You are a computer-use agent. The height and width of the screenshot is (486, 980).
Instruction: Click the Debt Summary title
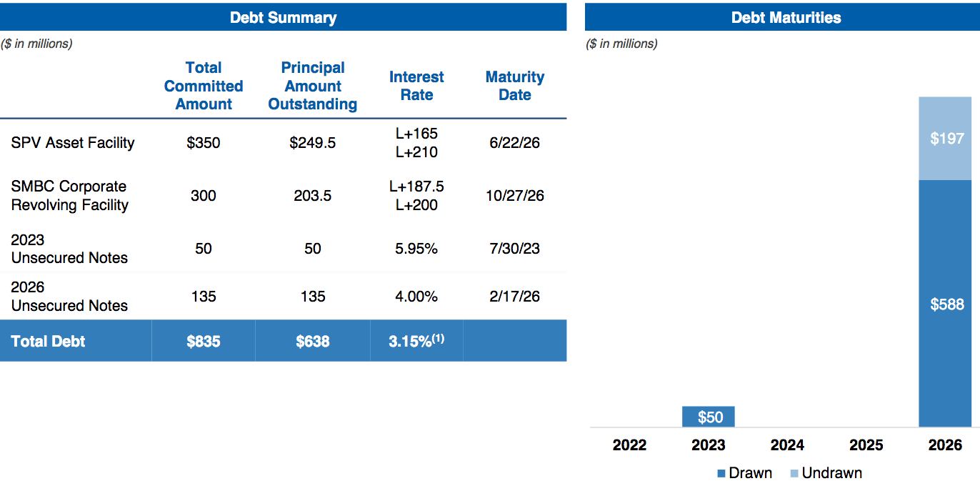coord(283,18)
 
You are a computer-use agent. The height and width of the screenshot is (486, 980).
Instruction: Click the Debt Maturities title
coord(786,18)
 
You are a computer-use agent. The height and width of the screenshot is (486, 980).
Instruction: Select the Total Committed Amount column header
coord(204,86)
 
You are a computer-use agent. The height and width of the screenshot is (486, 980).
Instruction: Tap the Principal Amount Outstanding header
coord(313,86)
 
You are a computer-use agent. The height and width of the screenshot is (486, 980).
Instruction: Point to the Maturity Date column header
coord(514,86)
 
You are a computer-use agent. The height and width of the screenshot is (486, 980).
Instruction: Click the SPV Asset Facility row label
coord(73,143)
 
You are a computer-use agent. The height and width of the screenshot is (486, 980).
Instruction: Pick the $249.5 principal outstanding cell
coord(313,143)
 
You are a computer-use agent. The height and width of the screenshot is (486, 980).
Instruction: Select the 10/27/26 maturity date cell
coord(514,196)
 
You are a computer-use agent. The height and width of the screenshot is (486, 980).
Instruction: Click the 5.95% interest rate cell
coord(416,249)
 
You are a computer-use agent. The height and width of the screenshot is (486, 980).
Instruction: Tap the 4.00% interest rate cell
coord(416,297)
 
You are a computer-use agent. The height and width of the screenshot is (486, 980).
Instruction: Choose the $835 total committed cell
coord(204,342)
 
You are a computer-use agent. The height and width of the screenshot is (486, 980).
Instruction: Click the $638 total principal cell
coord(313,342)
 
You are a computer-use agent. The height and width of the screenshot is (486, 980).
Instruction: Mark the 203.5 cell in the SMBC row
coord(313,196)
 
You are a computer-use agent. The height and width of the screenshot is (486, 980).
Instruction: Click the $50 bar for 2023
coord(709,417)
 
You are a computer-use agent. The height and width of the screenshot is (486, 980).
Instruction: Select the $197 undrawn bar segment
coord(946,139)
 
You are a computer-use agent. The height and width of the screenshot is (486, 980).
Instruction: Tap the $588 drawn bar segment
coord(946,304)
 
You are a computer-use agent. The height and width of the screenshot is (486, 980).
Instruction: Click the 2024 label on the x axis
coord(787,445)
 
